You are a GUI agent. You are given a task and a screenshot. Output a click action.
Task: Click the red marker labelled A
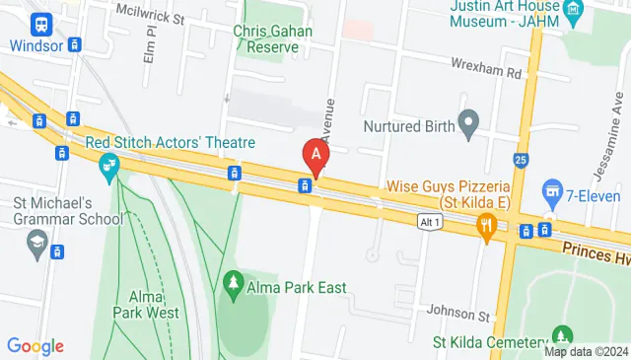pyautogui.click(x=315, y=155)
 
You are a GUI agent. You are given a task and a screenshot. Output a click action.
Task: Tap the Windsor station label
pyautogui.click(x=38, y=45)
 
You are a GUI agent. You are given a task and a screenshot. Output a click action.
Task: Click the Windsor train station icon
pyautogui.click(x=42, y=23)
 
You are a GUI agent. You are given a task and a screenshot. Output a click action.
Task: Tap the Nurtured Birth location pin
pyautogui.click(x=469, y=124)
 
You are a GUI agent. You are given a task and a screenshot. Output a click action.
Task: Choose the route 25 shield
pyautogui.click(x=520, y=158)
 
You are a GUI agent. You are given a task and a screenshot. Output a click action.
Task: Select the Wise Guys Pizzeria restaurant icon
pyautogui.click(x=485, y=229)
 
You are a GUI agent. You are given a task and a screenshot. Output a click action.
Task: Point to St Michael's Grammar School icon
pyautogui.click(x=37, y=240)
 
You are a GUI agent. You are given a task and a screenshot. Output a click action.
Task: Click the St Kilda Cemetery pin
pyautogui.click(x=563, y=336)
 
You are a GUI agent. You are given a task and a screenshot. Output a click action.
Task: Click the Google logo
pyautogui.click(x=35, y=346)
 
